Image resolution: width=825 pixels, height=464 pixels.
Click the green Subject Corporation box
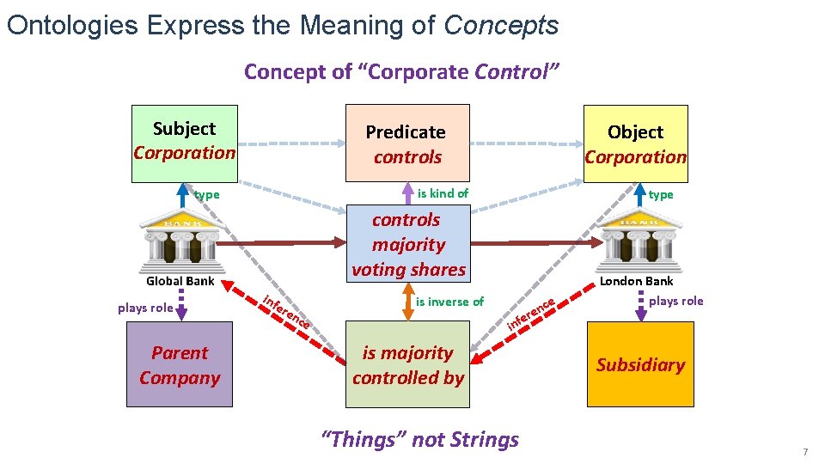click(184, 143)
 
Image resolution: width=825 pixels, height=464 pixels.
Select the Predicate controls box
click(406, 143)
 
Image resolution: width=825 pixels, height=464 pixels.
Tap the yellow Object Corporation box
click(636, 143)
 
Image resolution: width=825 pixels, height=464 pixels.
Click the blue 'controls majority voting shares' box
click(408, 244)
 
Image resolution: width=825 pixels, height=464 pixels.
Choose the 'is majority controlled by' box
click(408, 364)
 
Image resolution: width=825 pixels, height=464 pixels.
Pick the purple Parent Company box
click(180, 364)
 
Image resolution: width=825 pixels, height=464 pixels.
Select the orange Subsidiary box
click(640, 364)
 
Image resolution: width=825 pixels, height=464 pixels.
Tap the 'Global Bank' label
click(180, 281)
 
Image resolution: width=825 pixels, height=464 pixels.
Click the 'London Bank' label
click(637, 281)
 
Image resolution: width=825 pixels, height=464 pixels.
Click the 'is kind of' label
click(443, 193)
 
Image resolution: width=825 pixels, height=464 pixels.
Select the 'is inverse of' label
click(449, 302)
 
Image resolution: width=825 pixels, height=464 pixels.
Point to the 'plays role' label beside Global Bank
click(145, 308)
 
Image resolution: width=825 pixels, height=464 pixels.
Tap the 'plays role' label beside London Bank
click(675, 301)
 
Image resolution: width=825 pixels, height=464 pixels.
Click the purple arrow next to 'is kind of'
click(407, 192)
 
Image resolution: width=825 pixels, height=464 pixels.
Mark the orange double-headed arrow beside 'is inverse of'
click(408, 301)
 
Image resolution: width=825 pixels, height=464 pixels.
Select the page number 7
click(805, 452)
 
